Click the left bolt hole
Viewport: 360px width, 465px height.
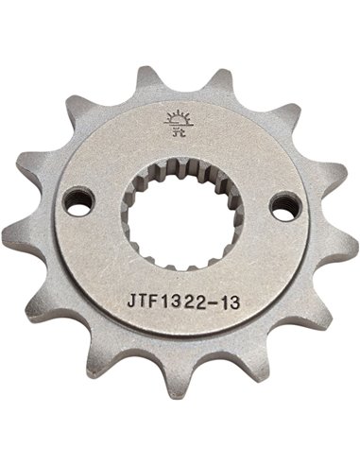pos(77,201)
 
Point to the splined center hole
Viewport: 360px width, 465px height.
pos(180,215)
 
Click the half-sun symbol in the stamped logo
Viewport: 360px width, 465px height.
pos(177,119)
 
